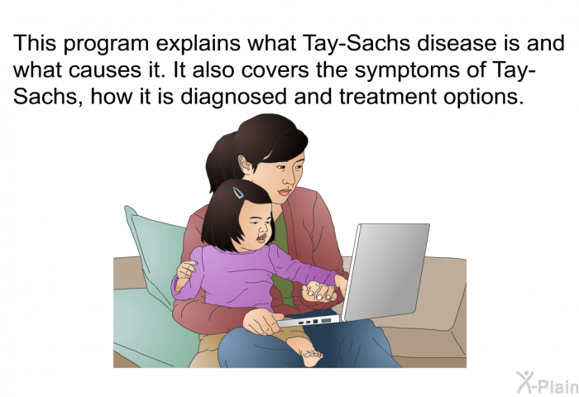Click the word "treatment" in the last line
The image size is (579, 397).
388,97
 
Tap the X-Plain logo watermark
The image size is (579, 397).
548,383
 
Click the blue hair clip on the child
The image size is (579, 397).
238,193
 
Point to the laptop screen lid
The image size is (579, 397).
385,271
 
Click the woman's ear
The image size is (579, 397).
246,165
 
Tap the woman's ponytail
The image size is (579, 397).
221,162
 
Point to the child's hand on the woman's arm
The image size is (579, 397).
186,270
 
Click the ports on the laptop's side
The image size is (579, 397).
313,321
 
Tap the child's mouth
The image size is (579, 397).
262,237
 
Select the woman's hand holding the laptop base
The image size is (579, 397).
262,321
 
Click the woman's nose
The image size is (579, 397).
289,179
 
